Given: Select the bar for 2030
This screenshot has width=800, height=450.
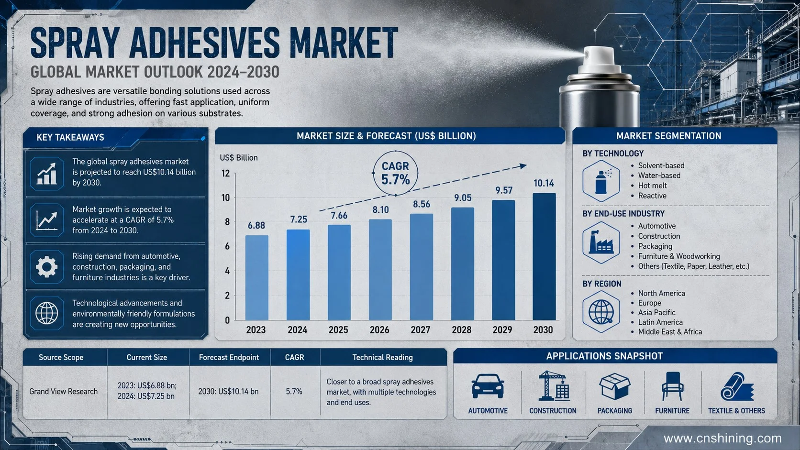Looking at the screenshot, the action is click(544, 257).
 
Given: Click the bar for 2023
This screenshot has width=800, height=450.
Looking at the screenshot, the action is click(256, 278).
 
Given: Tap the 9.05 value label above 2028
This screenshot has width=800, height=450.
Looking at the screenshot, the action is click(463, 198).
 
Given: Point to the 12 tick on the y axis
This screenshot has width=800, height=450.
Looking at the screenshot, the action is click(226, 174).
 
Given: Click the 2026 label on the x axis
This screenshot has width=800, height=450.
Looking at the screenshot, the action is click(379, 330).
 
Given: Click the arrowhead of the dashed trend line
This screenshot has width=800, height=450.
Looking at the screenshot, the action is click(523, 166).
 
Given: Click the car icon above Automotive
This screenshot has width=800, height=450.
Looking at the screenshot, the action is click(488, 386).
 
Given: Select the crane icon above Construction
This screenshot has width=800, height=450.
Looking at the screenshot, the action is click(553, 386).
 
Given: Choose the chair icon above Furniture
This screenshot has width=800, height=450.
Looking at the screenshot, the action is click(672, 386).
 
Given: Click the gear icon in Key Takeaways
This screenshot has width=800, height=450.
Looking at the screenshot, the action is click(46, 266).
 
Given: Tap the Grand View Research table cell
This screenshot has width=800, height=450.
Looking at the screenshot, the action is click(64, 392).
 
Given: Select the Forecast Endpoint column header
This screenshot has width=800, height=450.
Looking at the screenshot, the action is click(229, 357).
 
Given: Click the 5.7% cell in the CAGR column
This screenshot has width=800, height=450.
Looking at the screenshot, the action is click(294, 392).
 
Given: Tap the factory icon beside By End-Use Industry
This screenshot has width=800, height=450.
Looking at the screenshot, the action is click(601, 242).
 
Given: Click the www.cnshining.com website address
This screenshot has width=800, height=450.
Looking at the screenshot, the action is click(722, 438).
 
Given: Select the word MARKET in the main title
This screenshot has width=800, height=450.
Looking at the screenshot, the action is click(344, 43).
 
